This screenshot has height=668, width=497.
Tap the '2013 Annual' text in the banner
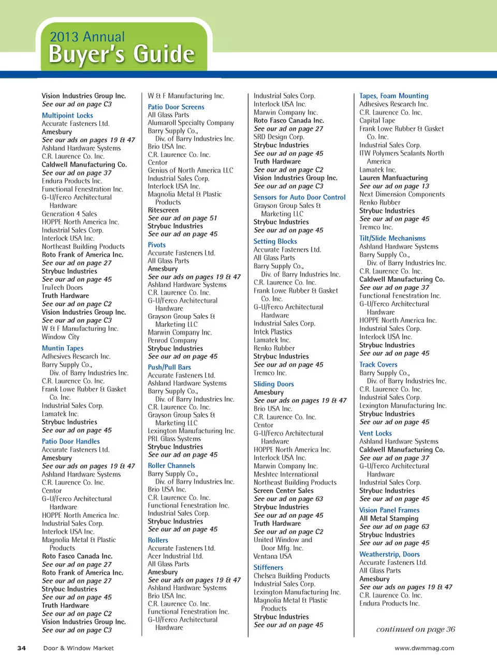click(x=87, y=37)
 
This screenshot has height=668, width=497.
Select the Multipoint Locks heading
click(x=67, y=115)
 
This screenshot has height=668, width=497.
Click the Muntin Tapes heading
click(x=63, y=348)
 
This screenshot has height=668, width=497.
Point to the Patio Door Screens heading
click(x=176, y=107)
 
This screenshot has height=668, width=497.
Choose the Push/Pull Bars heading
click(x=169, y=367)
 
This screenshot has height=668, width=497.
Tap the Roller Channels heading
click(x=171, y=466)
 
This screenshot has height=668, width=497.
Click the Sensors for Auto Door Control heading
click(x=299, y=197)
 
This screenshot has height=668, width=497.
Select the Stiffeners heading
click(x=268, y=568)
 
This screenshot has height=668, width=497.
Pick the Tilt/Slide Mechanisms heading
click(x=392, y=238)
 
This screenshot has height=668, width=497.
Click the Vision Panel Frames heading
click(x=389, y=510)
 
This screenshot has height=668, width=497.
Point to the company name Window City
click(x=61, y=337)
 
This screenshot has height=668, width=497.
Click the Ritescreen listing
click(x=163, y=210)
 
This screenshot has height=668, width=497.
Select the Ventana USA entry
click(x=272, y=556)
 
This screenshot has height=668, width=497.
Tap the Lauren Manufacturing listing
click(x=393, y=178)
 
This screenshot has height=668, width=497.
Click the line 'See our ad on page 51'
click(x=182, y=218)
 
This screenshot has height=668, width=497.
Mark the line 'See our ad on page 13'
click(x=394, y=186)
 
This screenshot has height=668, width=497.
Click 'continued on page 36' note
click(x=415, y=629)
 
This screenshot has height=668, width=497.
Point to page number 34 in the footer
click(x=22, y=648)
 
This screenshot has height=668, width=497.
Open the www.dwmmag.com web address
click(x=424, y=648)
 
